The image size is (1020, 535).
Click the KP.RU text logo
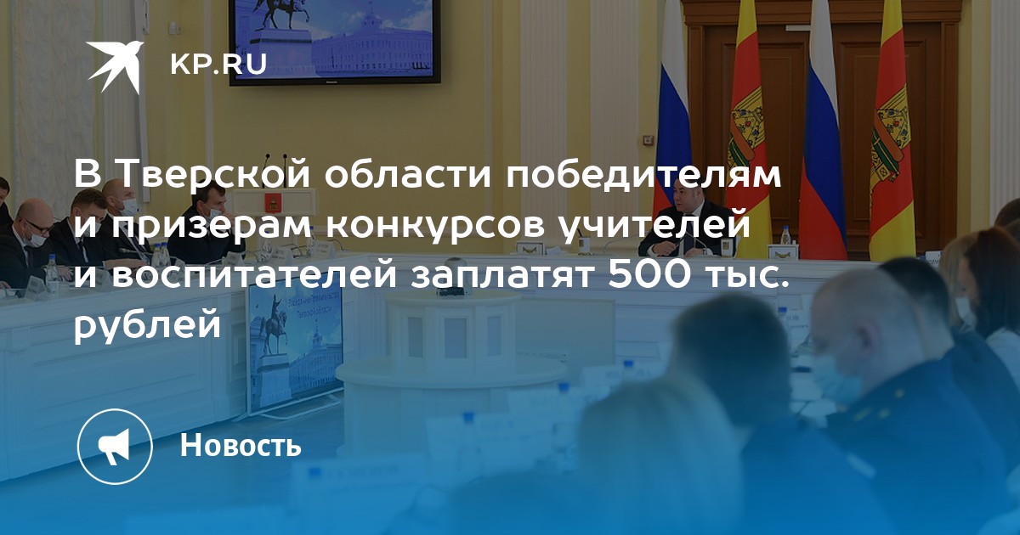(x=218, y=65)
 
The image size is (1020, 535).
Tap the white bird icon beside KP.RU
(x=116, y=67)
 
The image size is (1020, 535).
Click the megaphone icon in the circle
(x=114, y=446)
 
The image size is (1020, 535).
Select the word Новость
(x=241, y=445)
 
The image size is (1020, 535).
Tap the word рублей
(x=148, y=326)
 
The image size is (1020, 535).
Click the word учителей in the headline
(x=654, y=225)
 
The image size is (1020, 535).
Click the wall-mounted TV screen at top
(x=335, y=42)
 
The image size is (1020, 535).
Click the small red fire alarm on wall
(x=648, y=141)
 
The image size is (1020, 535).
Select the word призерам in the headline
(x=212, y=227)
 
